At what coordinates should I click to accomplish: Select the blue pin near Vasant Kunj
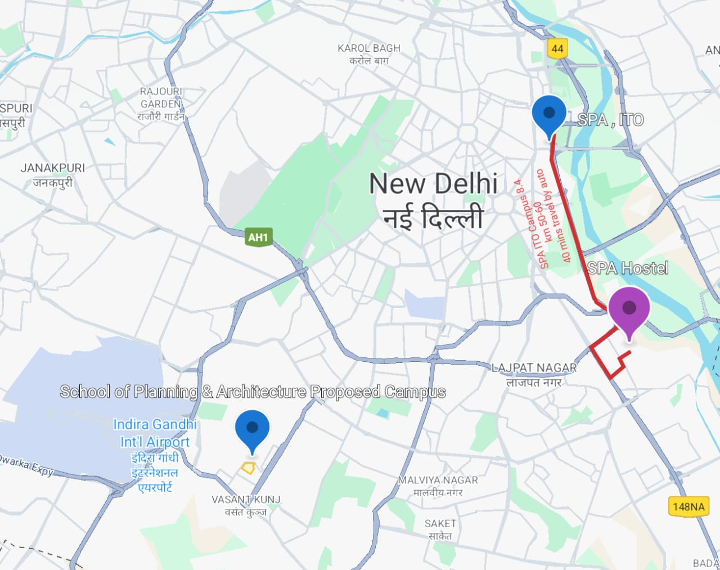click(252, 429)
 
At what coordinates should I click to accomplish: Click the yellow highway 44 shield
click(557, 48)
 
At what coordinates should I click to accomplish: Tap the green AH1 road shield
click(258, 237)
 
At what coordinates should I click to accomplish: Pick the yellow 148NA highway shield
click(688, 506)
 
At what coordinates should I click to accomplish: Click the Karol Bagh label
click(369, 54)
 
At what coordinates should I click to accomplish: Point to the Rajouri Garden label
click(161, 104)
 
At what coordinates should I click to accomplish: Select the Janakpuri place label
click(53, 174)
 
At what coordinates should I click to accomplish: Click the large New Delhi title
click(433, 200)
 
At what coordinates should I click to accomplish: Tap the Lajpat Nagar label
click(534, 374)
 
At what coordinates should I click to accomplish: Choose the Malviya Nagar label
click(438, 486)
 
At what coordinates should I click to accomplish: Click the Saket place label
click(440, 529)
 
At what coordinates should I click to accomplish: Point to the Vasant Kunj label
click(246, 505)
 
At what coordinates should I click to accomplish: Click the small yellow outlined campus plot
click(248, 468)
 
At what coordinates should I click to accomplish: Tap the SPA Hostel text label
click(628, 268)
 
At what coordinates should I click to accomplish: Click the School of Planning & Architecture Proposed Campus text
click(253, 392)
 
